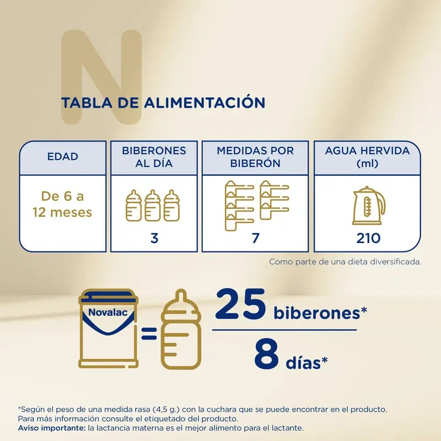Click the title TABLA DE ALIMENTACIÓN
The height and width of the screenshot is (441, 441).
coord(163,103)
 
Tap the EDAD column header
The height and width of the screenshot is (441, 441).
coord(62,157)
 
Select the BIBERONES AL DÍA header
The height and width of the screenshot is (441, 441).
coord(154,157)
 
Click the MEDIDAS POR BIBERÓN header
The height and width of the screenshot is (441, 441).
coord(255,157)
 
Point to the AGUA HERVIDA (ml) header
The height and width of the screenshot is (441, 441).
coord(367,157)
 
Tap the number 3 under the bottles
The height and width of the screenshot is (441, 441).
coord(154,238)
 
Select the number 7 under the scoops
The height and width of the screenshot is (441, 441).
coord(255,238)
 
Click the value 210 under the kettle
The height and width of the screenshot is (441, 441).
coord(368,238)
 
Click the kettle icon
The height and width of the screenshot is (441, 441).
coord(368,206)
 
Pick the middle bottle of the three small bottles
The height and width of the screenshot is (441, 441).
coord(153,205)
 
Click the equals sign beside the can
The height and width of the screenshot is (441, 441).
coord(148,332)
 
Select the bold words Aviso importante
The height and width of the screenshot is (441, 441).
coord(50,428)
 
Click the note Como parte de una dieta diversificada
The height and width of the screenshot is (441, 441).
coord(345,262)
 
